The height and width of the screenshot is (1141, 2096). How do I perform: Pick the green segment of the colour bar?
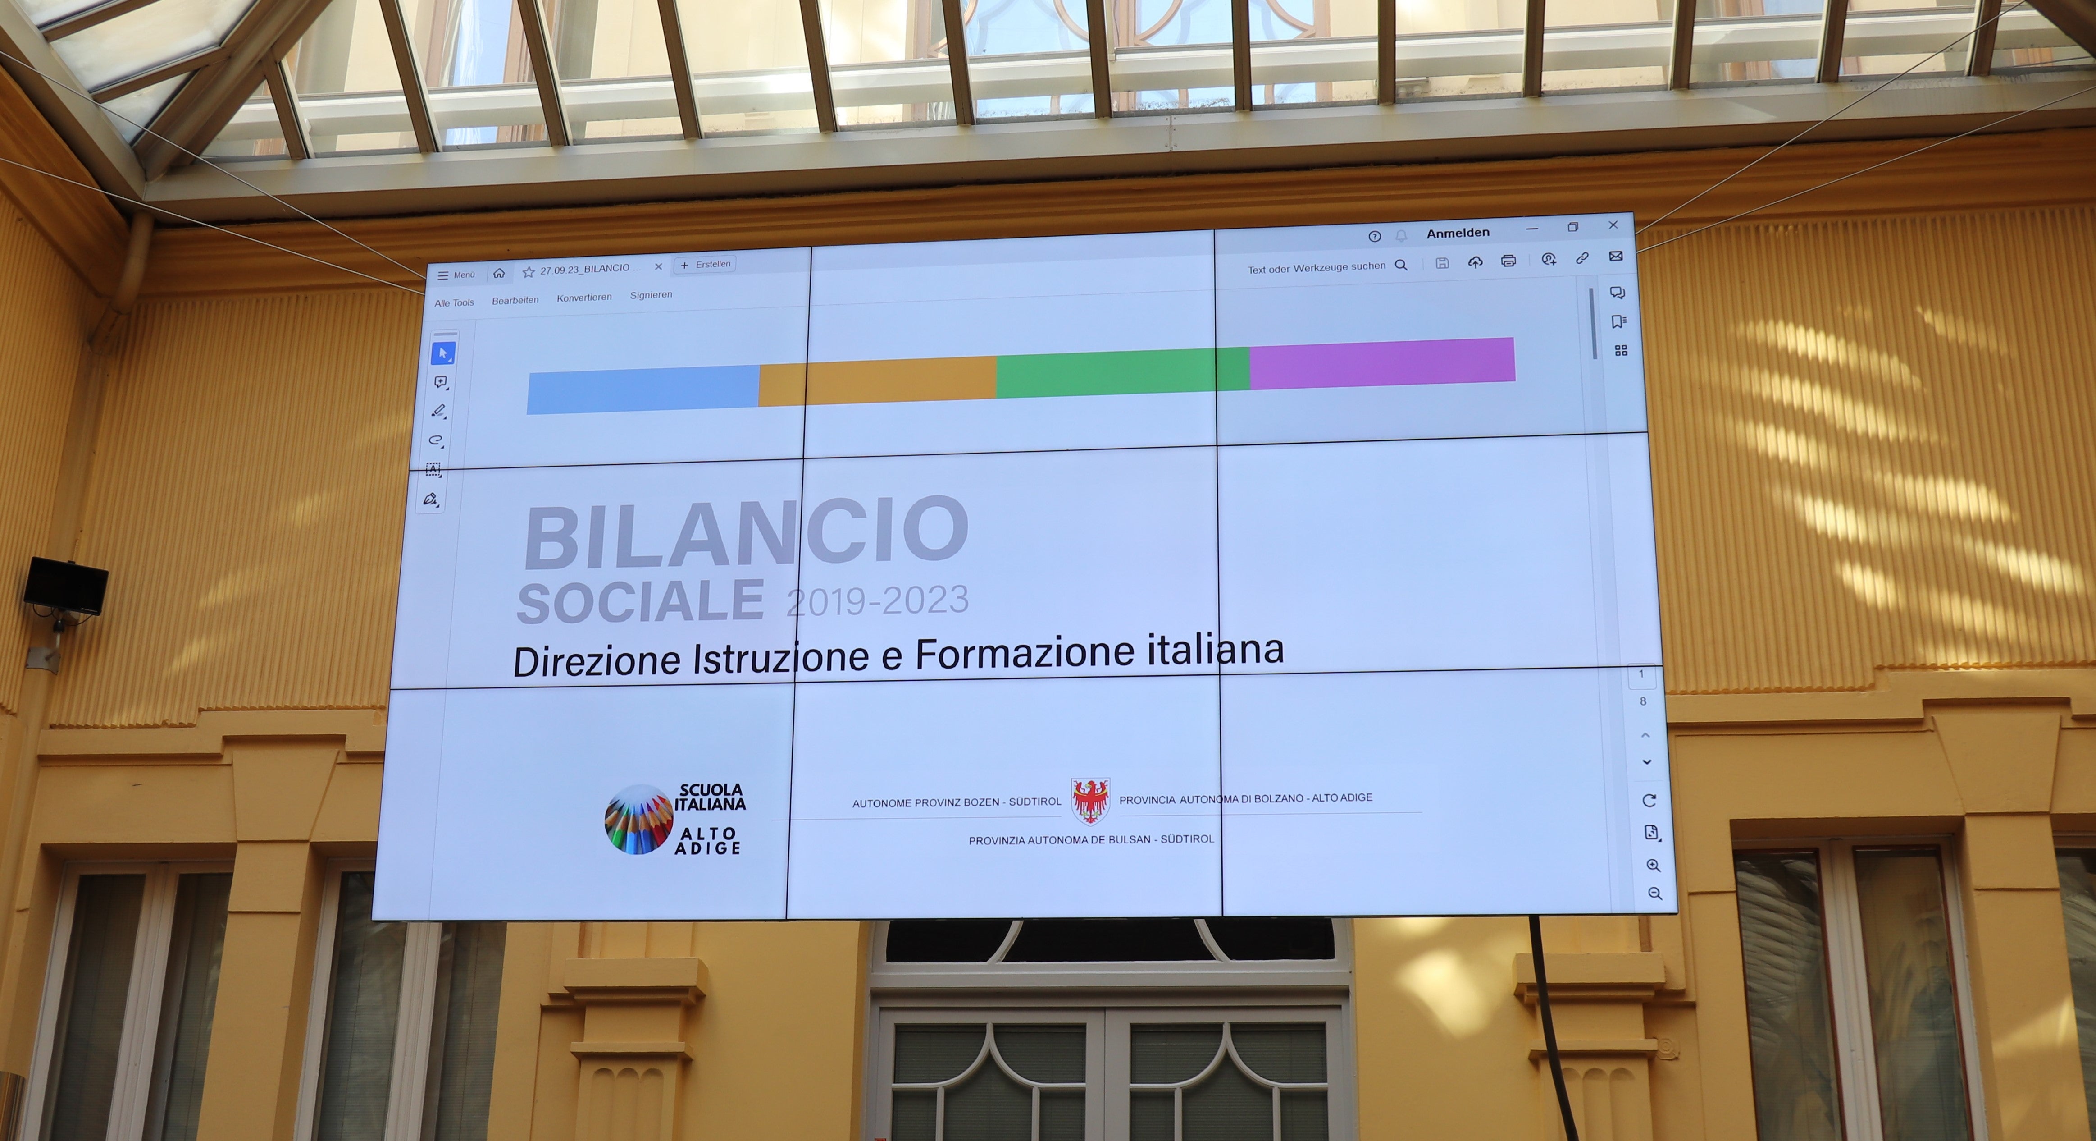tap(1123, 373)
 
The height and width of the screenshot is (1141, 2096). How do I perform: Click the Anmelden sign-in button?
tap(1457, 233)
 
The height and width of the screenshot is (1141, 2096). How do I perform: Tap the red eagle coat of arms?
tap(1090, 801)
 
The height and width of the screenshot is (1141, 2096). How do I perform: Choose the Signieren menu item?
tap(651, 295)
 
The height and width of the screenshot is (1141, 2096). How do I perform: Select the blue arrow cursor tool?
tap(442, 353)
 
